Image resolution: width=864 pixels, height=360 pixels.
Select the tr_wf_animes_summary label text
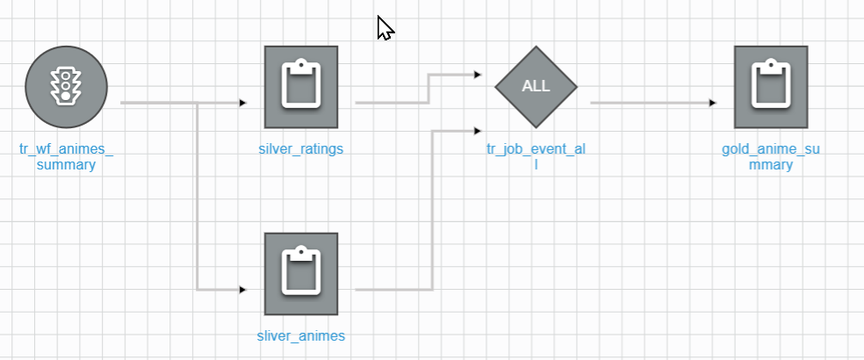67,156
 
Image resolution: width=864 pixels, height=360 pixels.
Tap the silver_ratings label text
301,148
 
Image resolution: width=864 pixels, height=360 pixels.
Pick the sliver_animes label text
301,335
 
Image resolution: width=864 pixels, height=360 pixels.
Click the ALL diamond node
536,86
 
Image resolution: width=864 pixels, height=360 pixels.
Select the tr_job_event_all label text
536,156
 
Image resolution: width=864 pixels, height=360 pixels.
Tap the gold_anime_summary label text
771,156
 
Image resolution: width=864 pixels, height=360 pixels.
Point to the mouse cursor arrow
385,28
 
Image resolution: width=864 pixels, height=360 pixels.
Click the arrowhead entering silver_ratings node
243,103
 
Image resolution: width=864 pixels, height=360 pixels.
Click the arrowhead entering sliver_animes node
243,289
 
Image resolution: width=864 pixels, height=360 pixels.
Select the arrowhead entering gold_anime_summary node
713,103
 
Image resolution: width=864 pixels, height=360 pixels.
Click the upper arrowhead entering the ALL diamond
477,76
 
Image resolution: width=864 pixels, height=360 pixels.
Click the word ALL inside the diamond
536,86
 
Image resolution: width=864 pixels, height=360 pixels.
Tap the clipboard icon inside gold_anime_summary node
771,84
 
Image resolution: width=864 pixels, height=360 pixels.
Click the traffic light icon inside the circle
66,86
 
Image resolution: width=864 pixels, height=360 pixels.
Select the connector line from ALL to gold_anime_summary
650,103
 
